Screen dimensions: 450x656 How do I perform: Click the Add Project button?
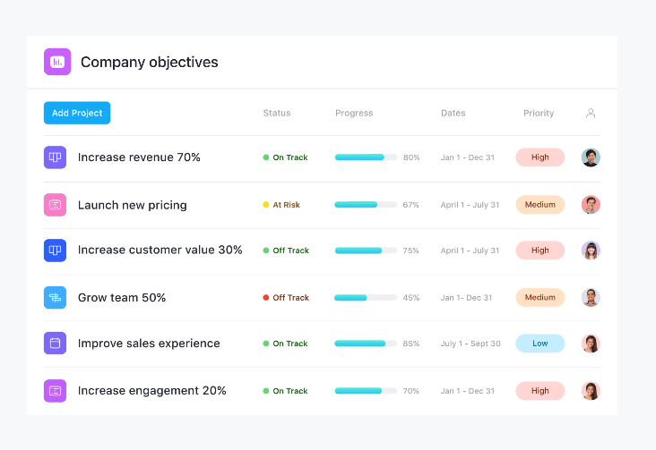77,113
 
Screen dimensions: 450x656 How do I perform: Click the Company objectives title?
149,63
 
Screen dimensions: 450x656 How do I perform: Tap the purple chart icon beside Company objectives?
57,62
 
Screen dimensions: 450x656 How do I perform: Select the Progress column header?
354,114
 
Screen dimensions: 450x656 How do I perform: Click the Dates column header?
453,114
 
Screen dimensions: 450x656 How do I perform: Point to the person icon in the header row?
591,114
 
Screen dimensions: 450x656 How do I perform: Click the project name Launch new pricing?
132,205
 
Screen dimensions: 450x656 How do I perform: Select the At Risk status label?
286,205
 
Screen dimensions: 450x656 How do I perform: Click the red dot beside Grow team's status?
266,298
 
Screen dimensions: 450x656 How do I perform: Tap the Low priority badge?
539,344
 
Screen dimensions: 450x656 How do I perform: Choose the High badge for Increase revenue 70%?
539,157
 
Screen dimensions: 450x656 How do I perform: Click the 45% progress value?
411,298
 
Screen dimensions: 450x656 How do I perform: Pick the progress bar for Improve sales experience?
366,344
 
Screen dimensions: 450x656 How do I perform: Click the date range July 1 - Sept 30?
470,344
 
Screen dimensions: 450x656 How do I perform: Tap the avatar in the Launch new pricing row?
591,205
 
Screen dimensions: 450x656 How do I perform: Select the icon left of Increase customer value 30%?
55,250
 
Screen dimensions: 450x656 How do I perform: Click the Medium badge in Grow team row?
539,298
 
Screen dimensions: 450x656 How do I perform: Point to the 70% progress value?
411,391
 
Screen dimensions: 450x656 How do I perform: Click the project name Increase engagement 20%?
151,391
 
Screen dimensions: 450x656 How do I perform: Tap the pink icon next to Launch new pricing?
55,205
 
